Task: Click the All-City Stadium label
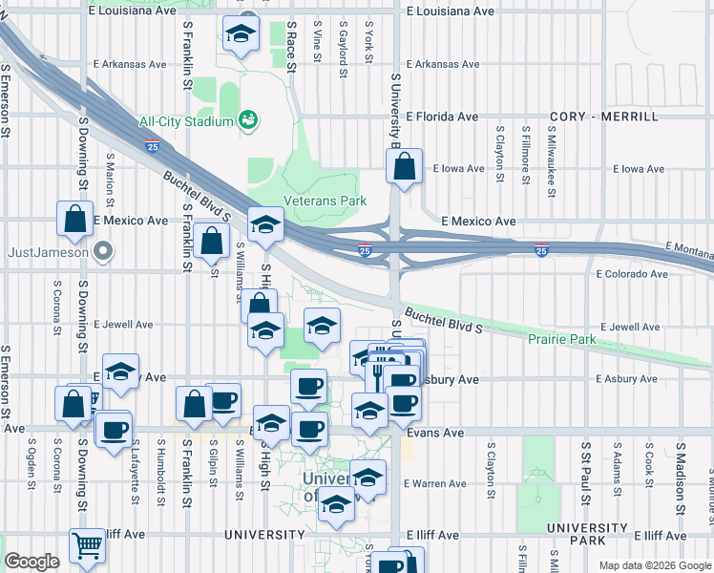point(186,121)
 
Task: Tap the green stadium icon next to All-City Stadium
point(249,119)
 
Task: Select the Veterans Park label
point(325,202)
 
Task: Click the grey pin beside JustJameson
point(104,253)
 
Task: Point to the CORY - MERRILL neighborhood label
point(603,117)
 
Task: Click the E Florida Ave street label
point(441,117)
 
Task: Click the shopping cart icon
point(87,546)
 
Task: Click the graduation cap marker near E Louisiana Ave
point(240,35)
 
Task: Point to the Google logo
point(31,562)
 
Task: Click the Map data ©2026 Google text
point(655,565)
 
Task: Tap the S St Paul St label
point(584,472)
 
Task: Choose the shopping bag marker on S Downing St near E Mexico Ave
point(74,219)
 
